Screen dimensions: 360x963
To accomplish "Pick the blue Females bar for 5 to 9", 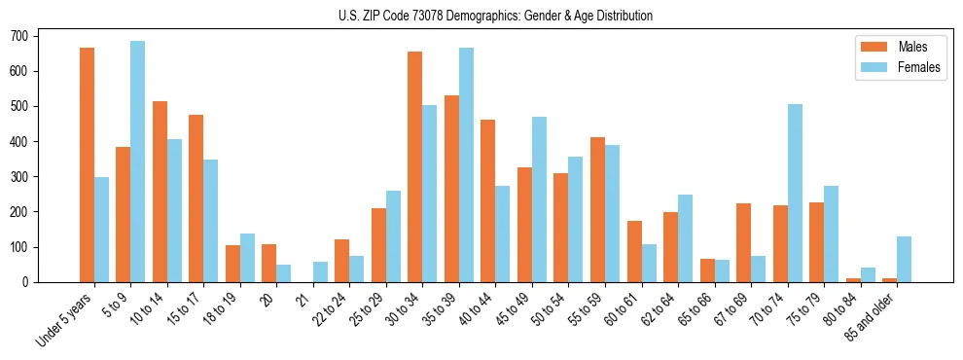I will pos(138,162).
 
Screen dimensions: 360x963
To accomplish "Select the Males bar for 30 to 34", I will pos(415,166).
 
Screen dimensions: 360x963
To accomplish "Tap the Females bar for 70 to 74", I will pos(795,193).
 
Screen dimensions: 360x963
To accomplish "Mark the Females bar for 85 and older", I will pos(904,259).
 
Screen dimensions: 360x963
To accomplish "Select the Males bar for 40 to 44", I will pos(488,200).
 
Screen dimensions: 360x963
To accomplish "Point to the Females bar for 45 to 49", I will pos(539,199).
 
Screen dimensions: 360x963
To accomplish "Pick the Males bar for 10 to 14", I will pos(160,191).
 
